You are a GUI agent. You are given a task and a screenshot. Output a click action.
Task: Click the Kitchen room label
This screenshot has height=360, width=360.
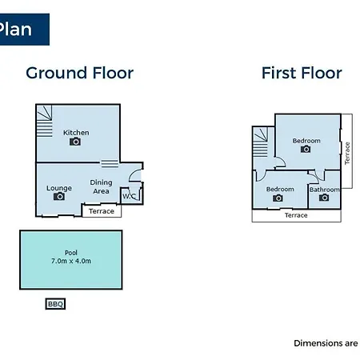pos(76,133)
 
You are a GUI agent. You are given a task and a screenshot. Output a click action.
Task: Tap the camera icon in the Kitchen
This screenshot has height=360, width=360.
pos(75,142)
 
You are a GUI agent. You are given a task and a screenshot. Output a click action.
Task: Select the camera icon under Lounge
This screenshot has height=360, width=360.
pos(59,196)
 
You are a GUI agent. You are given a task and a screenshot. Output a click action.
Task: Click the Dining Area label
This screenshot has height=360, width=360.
pos(101,186)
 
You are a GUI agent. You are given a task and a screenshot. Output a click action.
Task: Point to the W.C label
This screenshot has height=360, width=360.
pos(129,197)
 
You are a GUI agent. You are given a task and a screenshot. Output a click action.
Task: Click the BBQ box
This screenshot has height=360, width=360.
pos(55,304)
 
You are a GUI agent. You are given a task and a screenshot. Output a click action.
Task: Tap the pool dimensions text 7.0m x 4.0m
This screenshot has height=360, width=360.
pos(71,261)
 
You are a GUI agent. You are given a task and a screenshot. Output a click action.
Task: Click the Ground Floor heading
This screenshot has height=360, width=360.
pos(79,73)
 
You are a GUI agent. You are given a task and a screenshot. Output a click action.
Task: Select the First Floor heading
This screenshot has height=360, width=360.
pos(302,73)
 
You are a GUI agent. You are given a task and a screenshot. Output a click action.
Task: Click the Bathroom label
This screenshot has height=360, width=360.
pos(325,190)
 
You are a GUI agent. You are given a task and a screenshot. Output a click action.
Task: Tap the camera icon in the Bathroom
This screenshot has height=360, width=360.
pos(324,198)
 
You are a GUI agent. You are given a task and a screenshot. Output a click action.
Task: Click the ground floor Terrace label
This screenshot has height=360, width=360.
pos(102,211)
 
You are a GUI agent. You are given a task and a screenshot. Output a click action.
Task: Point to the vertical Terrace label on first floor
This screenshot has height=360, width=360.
pos(347,153)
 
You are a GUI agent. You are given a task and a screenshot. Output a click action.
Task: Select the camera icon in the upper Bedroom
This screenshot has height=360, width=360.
pos(306,149)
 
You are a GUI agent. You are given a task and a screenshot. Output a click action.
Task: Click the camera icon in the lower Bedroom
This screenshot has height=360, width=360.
pos(278,198)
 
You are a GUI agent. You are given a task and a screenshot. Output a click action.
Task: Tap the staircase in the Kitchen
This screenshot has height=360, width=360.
pos(44,121)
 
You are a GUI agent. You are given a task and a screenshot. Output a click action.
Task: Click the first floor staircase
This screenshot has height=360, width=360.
pos(260,142)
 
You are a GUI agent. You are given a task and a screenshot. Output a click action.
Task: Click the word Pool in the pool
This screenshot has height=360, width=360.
pos(71,253)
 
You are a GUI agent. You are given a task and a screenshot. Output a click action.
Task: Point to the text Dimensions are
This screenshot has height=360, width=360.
pos(326,343)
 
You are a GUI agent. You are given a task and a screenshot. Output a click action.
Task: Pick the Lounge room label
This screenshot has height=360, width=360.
pos(59,188)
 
